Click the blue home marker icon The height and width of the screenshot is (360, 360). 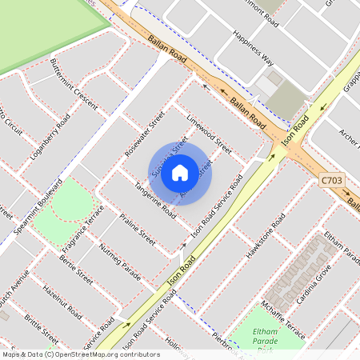tap(180, 172)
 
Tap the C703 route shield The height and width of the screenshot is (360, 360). tap(331, 181)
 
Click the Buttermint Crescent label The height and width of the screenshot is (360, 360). tap(73, 82)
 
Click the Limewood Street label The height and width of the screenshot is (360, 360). tap(209, 134)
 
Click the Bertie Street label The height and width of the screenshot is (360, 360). tap(76, 271)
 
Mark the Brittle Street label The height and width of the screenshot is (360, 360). tap(41, 330)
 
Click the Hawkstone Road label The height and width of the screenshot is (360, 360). tap(266, 236)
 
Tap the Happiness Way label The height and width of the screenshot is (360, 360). tap(253, 49)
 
